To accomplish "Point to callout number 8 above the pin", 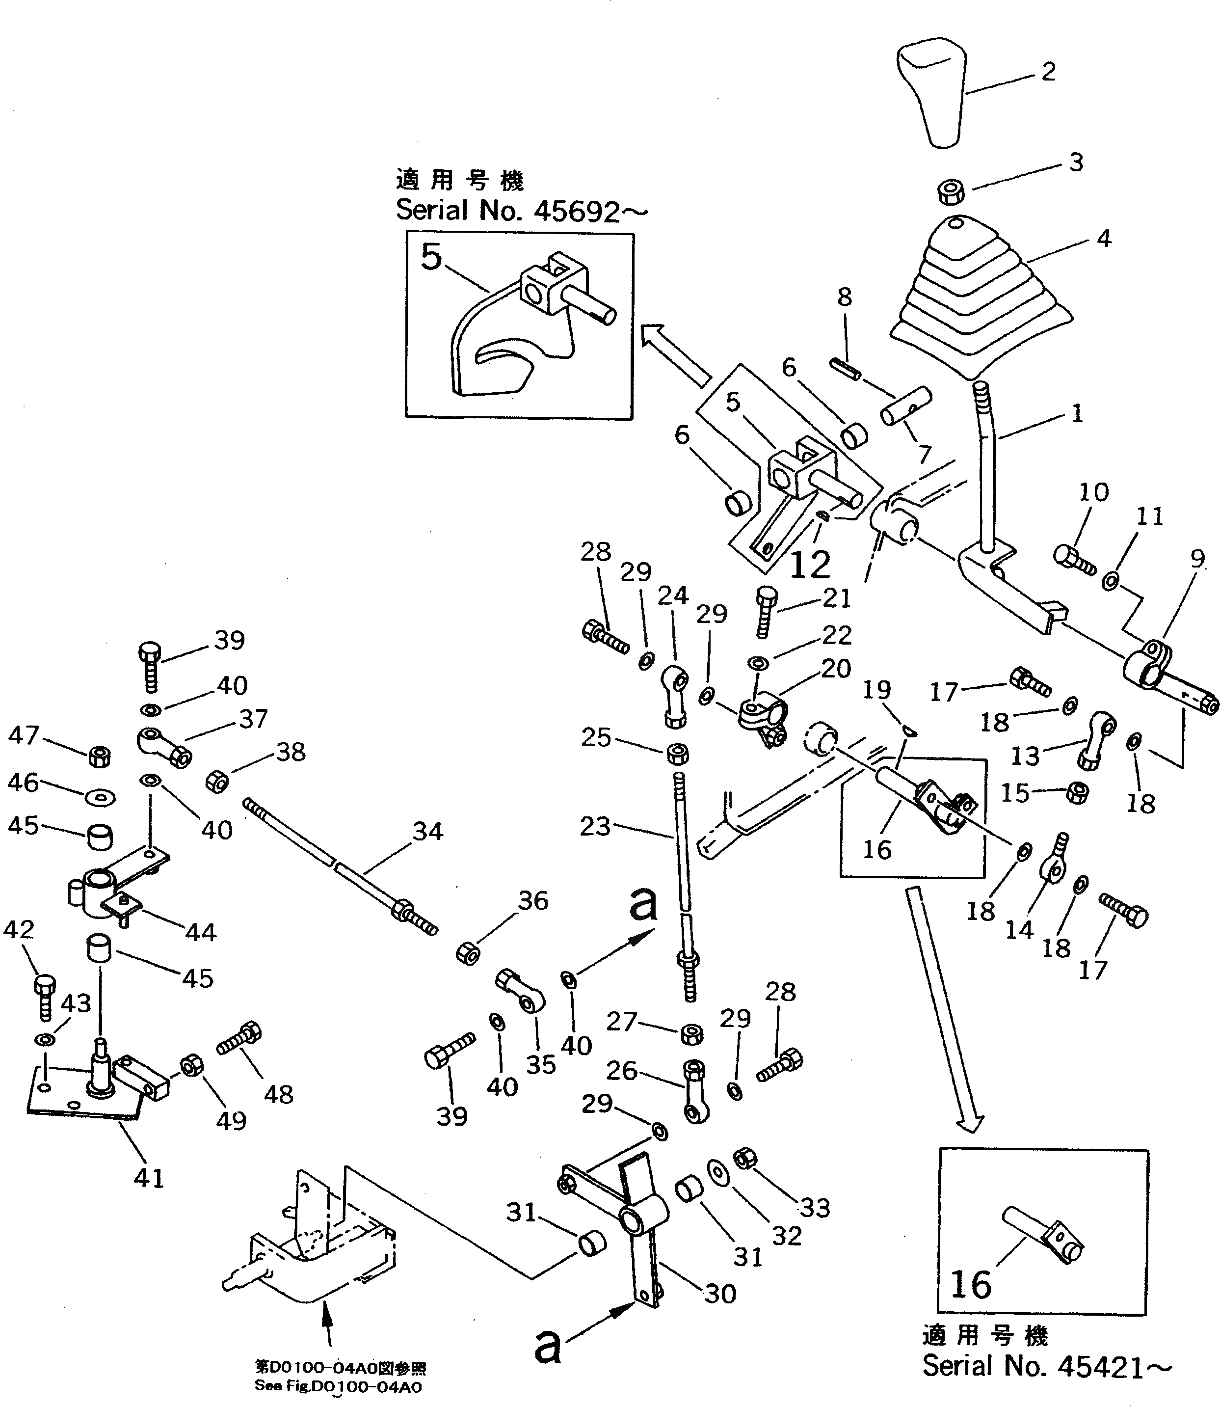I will [x=844, y=297].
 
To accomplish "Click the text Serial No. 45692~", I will [x=521, y=211].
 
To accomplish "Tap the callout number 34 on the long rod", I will [x=427, y=831].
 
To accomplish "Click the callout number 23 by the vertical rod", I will [x=595, y=827].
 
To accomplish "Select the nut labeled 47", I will [x=100, y=755].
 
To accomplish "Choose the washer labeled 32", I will [x=717, y=1172].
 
